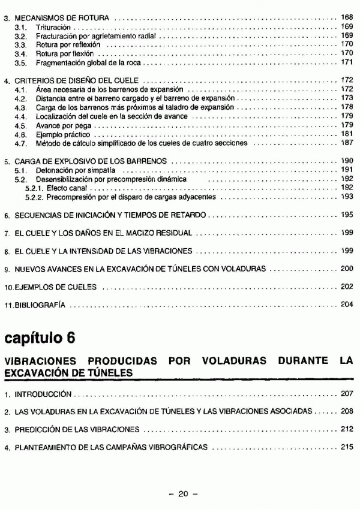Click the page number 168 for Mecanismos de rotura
(346, 19)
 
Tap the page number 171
(346, 62)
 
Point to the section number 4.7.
(20, 144)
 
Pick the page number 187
(346, 144)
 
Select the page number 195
(346, 214)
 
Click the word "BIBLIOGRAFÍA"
(40, 305)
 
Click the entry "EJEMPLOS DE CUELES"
(55, 287)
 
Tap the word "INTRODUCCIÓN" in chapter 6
(43, 395)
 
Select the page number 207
(346, 395)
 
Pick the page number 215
(346, 447)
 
